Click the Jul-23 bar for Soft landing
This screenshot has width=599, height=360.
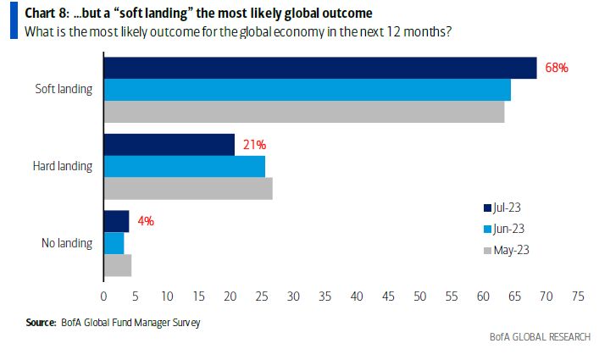[319, 69]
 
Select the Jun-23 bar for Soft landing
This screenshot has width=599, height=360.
[307, 90]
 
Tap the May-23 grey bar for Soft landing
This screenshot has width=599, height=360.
[303, 112]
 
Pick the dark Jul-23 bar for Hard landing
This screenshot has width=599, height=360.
[169, 145]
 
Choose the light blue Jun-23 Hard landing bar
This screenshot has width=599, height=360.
[184, 167]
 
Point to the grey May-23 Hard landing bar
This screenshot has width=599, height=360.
[187, 189]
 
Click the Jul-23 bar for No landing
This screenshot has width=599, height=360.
[116, 221]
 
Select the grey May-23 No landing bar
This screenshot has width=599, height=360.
[117, 265]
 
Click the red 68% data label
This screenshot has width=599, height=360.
[555, 68]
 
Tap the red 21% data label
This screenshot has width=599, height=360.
[252, 145]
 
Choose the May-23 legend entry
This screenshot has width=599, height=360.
[507, 249]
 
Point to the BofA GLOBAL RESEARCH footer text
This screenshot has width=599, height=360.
[539, 336]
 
